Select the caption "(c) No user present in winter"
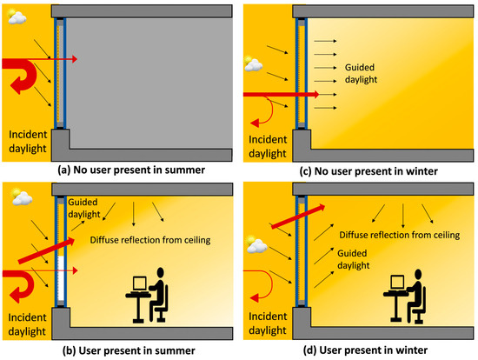pyautogui.click(x=358, y=170)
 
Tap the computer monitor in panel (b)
pyautogui.click(x=138, y=283)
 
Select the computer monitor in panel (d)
pyautogui.click(x=396, y=283)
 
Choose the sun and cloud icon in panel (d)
pyautogui.click(x=256, y=244)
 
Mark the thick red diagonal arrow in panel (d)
pyautogui.click(x=295, y=220)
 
